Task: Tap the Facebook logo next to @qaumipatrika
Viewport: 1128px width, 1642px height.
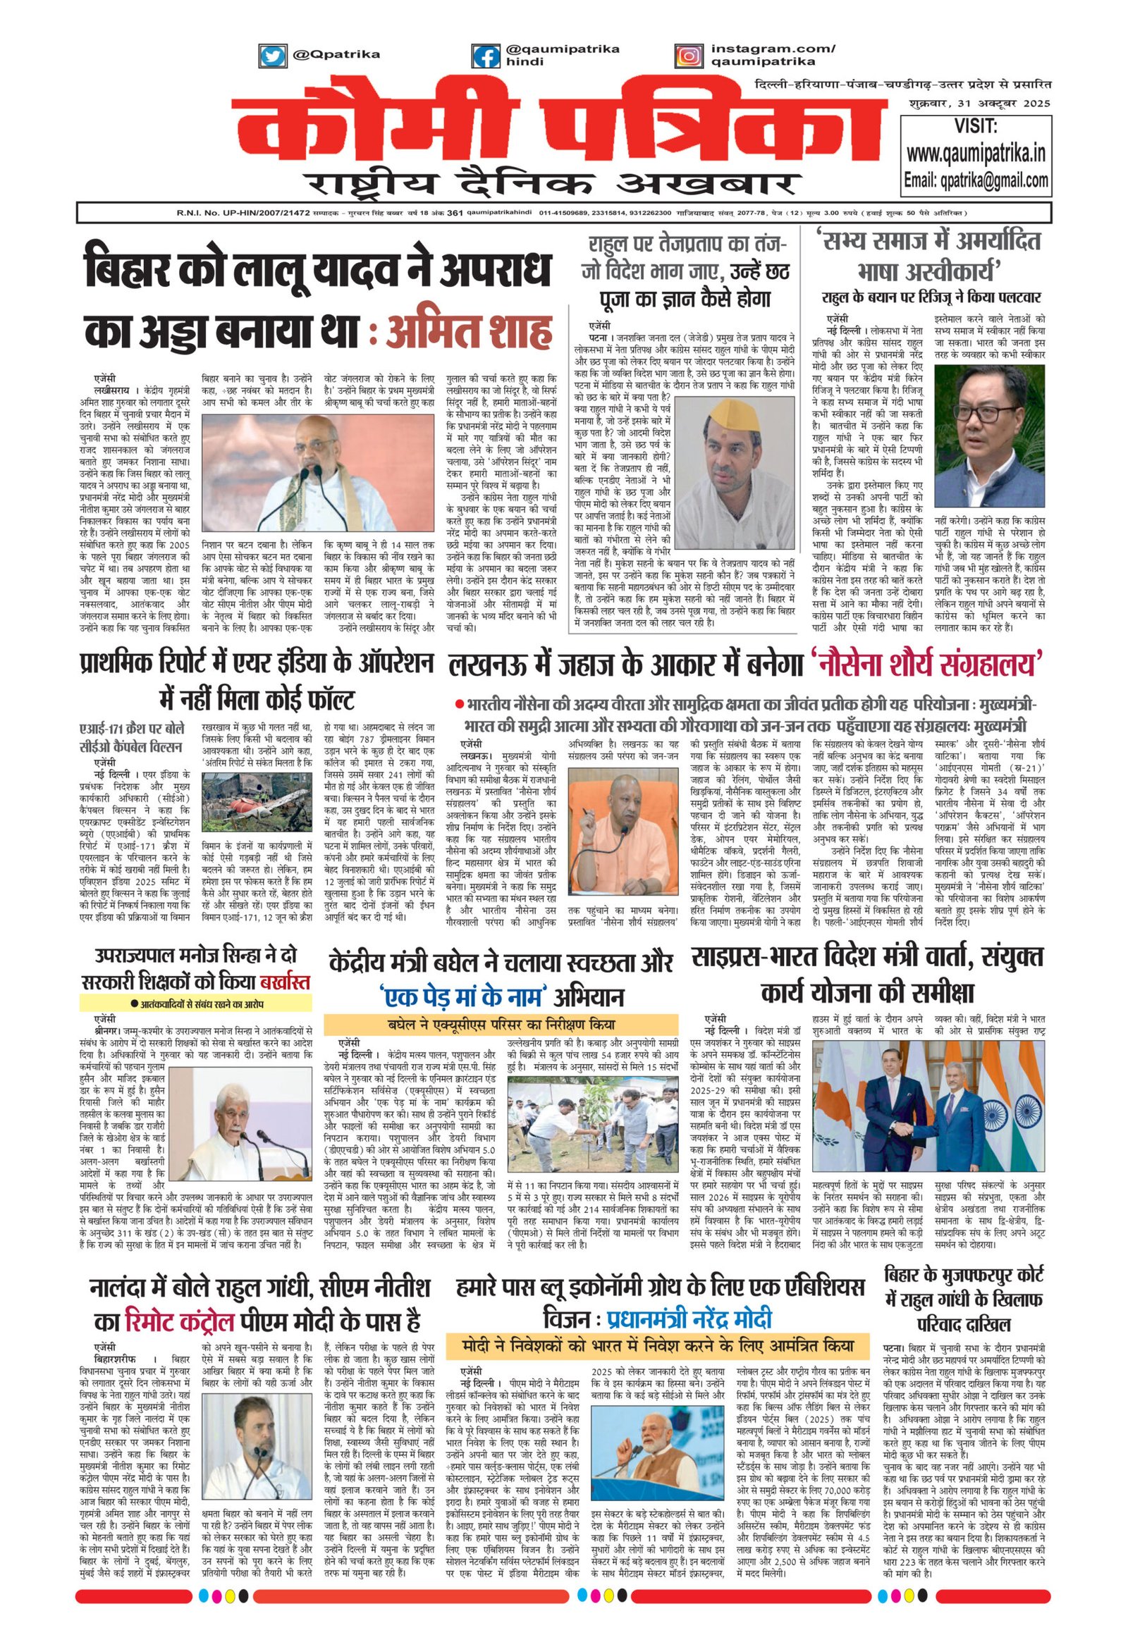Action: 486,54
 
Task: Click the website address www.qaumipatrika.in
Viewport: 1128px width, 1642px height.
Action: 975,153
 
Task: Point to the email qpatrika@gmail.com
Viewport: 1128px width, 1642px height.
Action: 976,180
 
